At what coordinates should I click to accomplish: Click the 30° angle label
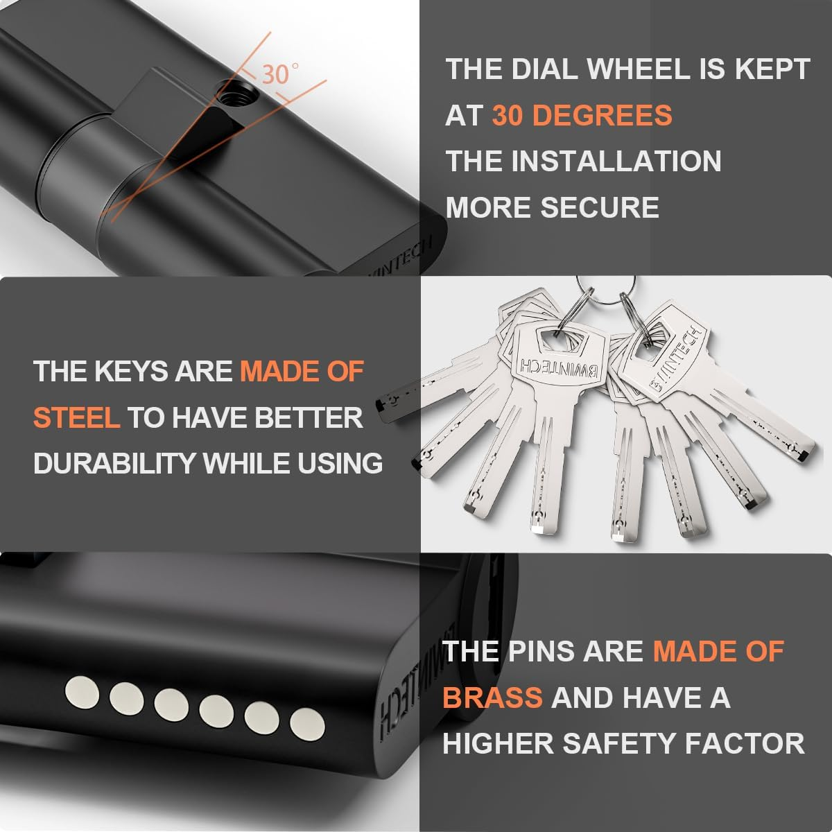tap(279, 73)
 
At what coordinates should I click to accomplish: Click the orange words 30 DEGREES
tap(582, 115)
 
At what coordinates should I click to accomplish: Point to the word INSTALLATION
tap(616, 161)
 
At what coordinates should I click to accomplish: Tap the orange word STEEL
tap(76, 417)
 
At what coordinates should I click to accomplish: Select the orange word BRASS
tap(492, 697)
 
